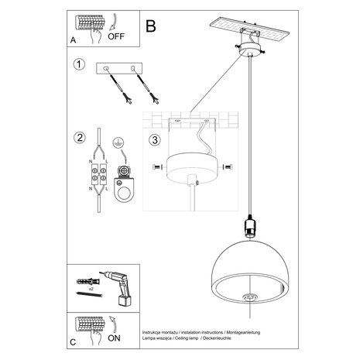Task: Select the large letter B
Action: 151,26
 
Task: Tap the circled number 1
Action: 78,65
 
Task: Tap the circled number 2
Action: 78,139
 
